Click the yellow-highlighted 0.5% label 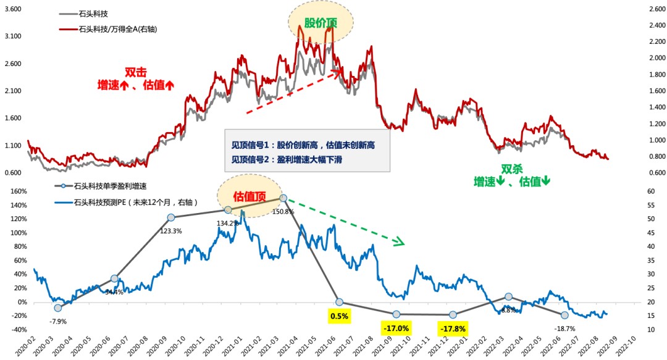tap(339, 316)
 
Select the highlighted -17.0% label tap(396, 328)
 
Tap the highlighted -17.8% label tap(453, 328)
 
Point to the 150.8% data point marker tap(283, 198)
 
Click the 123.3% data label tap(171, 230)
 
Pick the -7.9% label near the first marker tap(57, 321)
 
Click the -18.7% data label tap(564, 329)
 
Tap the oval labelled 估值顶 tap(249, 196)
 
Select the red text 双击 tap(135, 72)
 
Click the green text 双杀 tap(512, 168)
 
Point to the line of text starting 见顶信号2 tap(288, 159)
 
